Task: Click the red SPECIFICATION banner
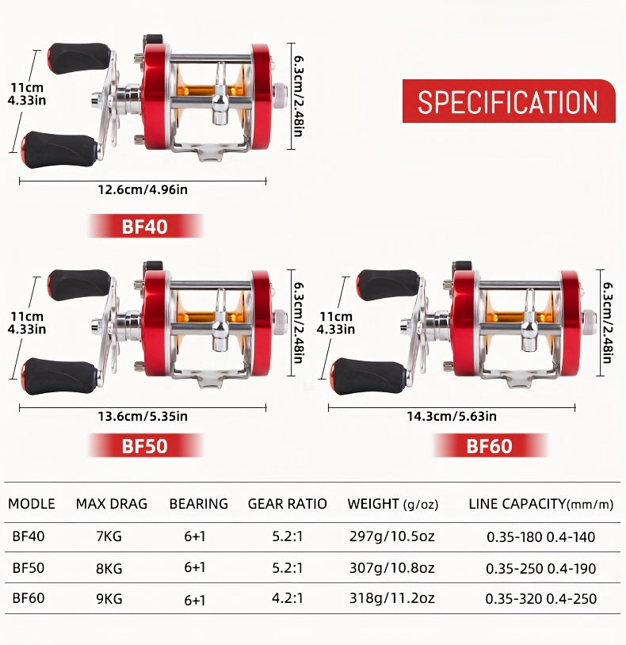tap(509, 101)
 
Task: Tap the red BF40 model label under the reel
tap(145, 227)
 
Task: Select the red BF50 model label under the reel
tap(145, 445)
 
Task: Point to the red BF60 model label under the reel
tap(490, 445)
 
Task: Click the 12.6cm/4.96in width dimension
tap(143, 189)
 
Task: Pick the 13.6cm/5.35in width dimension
tap(143, 416)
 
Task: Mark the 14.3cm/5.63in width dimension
tap(452, 416)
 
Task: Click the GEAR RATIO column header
tap(287, 503)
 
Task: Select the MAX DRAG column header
tap(112, 503)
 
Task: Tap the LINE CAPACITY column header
tap(541, 504)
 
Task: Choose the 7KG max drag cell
tap(109, 536)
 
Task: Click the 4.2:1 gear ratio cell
tap(287, 597)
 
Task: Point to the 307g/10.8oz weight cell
tap(392, 568)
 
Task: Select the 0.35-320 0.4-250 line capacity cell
tap(541, 599)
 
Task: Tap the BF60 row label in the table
tap(29, 597)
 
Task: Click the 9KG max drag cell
tap(109, 598)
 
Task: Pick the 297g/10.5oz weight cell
tap(392, 536)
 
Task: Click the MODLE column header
tap(31, 503)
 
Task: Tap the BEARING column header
tap(199, 503)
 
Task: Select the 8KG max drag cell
tap(109, 568)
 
